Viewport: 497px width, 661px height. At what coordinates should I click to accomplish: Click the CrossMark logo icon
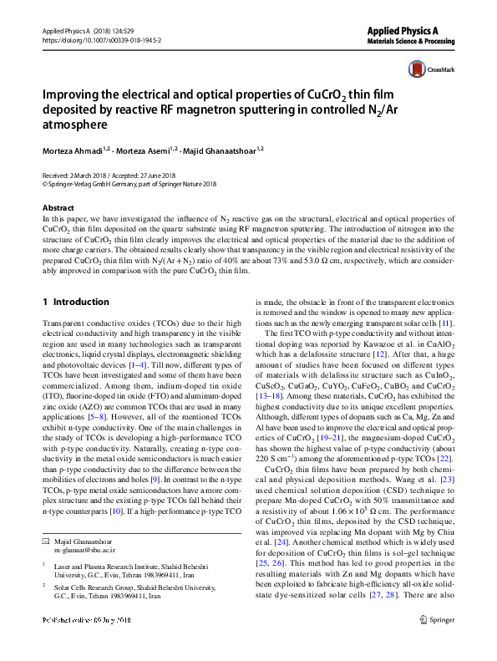point(415,69)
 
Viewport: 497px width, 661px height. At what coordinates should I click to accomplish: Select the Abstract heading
point(58,207)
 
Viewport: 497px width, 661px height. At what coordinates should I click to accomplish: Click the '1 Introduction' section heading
point(75,302)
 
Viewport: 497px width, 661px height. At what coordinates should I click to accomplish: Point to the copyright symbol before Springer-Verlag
point(45,185)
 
